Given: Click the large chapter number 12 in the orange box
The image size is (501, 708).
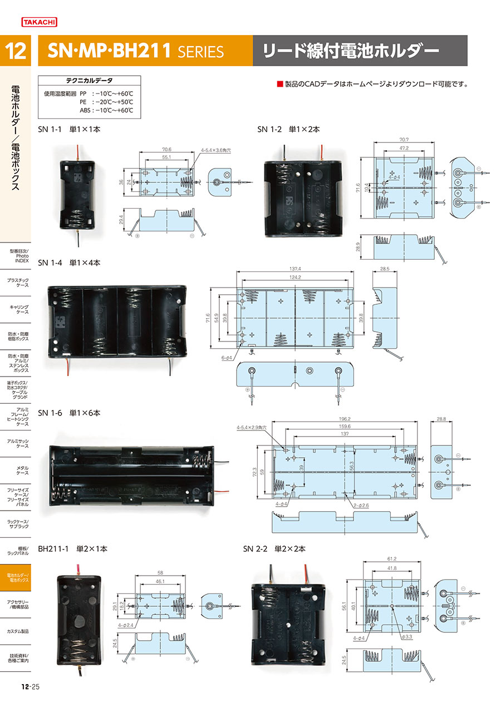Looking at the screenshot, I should click(16, 52).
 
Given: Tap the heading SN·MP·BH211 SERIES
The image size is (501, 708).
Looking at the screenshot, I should click(136, 52).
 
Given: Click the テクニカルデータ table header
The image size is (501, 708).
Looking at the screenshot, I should click(89, 81).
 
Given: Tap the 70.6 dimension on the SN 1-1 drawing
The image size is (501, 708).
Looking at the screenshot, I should click(166, 149).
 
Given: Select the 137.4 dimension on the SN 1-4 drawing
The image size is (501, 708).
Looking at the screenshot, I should click(295, 269).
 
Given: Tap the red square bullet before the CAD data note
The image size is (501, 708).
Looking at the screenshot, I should click(280, 85).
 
